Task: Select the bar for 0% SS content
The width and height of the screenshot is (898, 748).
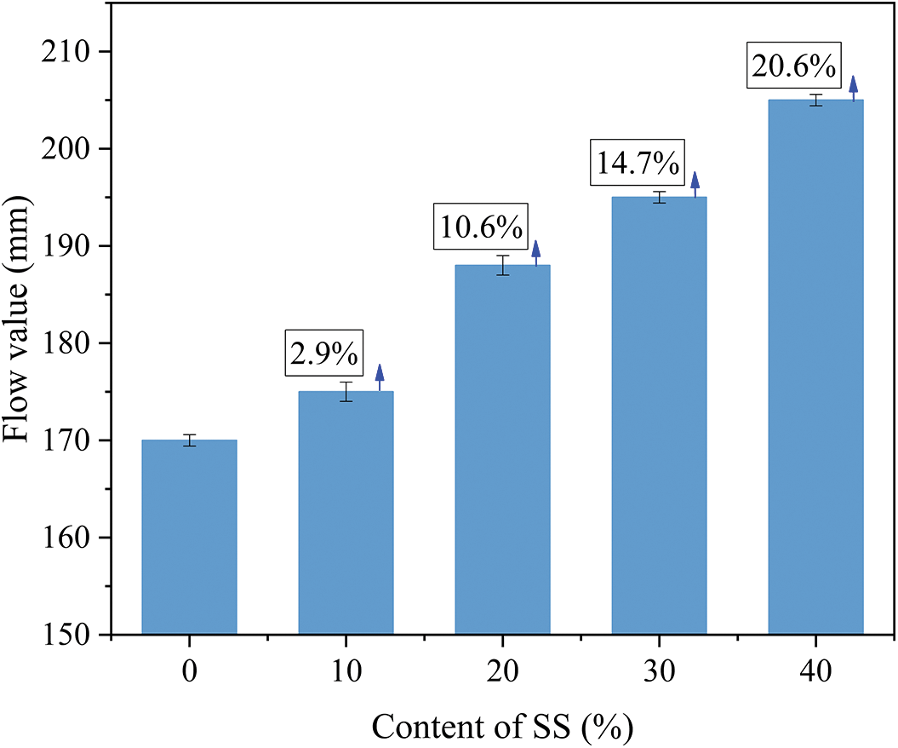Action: pyautogui.click(x=189, y=537)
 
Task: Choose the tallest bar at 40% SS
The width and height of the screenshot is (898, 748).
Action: pyautogui.click(x=815, y=367)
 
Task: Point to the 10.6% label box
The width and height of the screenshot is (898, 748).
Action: pyautogui.click(x=481, y=227)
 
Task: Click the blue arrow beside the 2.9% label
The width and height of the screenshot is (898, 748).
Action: pyautogui.click(x=380, y=377)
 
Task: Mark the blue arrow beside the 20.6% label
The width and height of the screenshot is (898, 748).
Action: pyautogui.click(x=854, y=88)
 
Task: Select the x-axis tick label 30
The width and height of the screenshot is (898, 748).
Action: pyautogui.click(x=659, y=670)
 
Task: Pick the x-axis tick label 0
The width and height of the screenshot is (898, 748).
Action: pyautogui.click(x=189, y=670)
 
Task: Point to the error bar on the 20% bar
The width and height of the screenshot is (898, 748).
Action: pyautogui.click(x=502, y=265)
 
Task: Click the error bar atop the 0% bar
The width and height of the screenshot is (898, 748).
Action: pyautogui.click(x=189, y=440)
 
